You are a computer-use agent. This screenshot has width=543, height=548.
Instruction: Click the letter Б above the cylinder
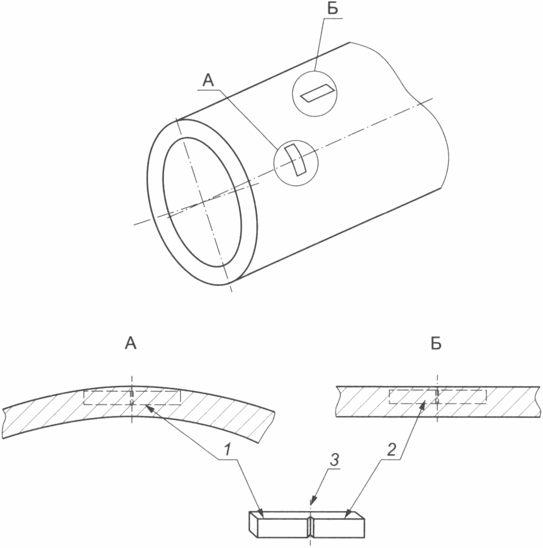(332, 8)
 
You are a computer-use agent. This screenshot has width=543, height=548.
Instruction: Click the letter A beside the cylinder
(208, 80)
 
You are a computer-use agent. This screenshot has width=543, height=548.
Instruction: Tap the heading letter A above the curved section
(130, 343)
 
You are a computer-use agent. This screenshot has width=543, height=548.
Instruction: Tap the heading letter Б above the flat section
(436, 344)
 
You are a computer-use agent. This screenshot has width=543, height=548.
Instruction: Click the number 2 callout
(392, 450)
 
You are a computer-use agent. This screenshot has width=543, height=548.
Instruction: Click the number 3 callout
(334, 460)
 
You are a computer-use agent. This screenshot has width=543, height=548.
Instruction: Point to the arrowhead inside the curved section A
(149, 408)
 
